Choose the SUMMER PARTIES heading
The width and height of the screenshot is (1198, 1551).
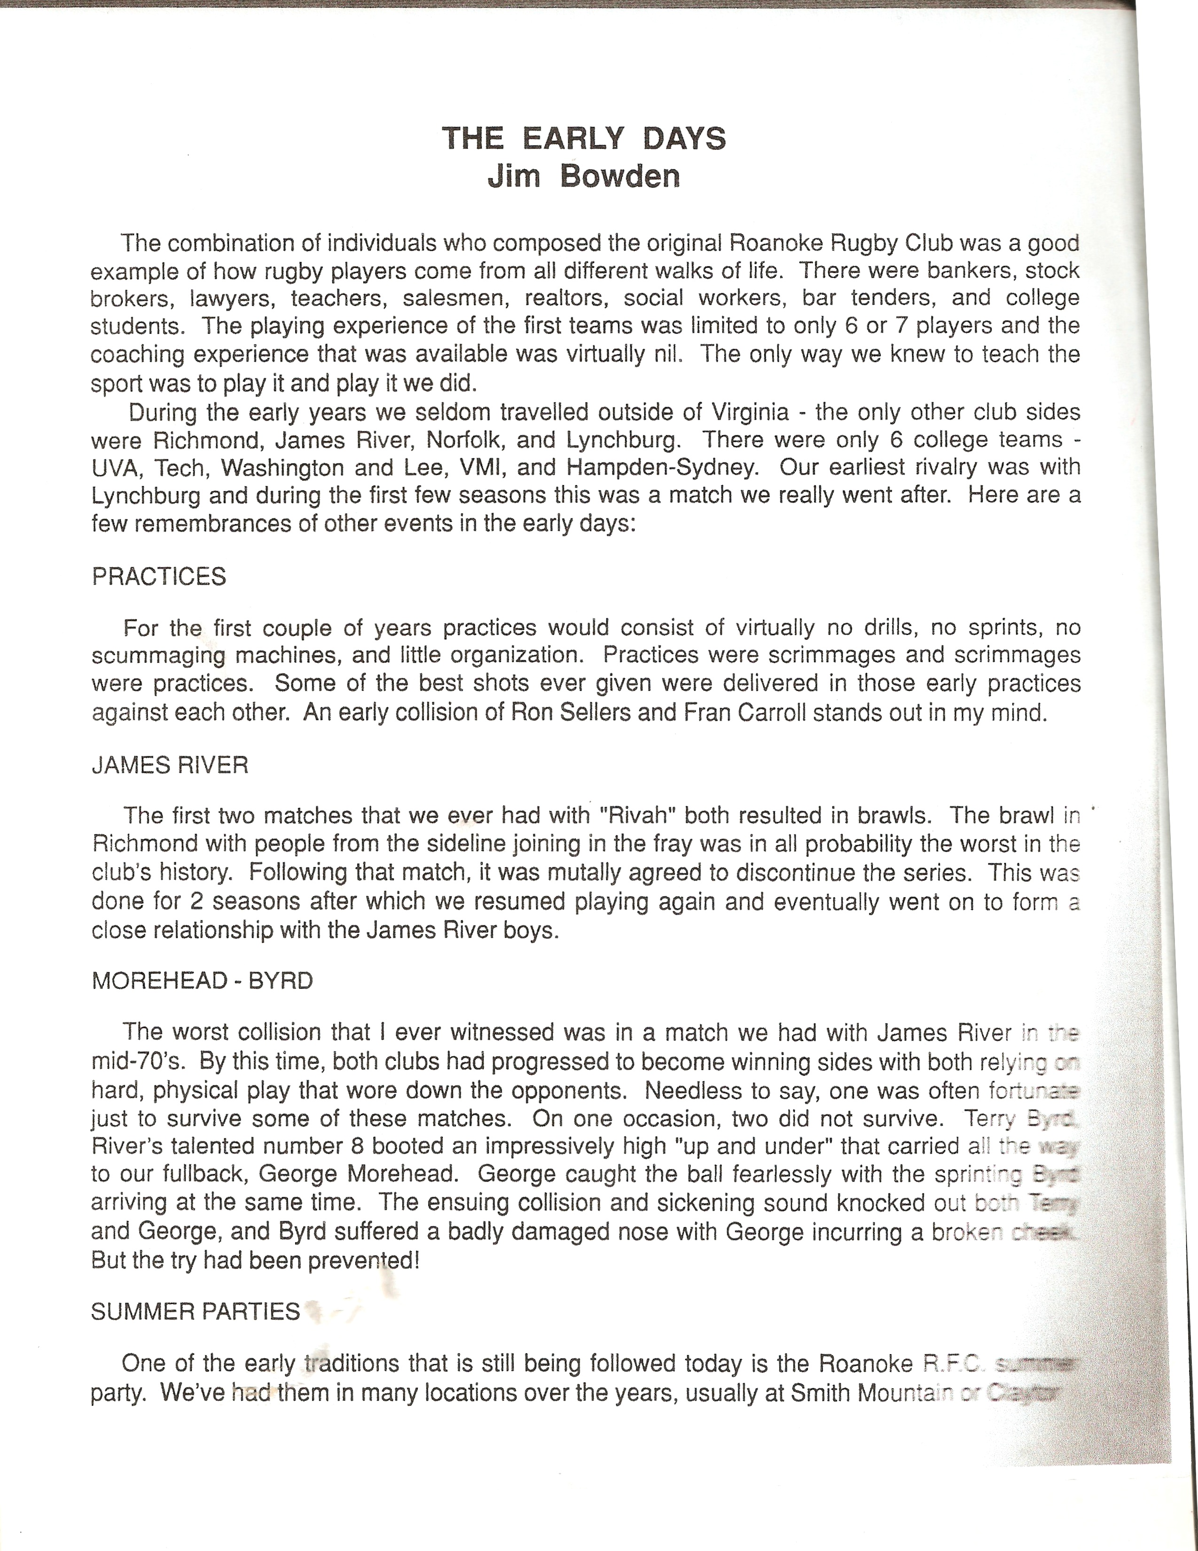point(196,1311)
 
